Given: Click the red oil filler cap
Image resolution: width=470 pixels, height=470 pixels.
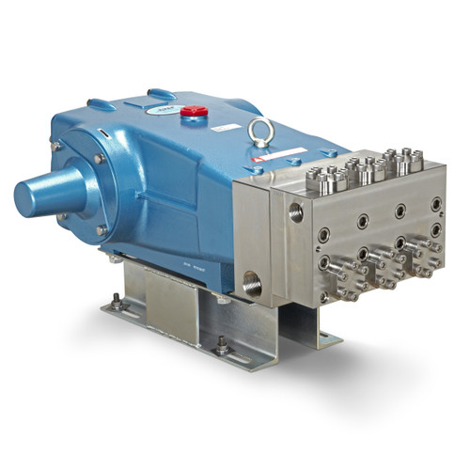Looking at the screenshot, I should pyautogui.click(x=194, y=111).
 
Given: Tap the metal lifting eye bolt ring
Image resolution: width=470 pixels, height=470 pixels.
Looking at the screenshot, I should pyautogui.click(x=259, y=130).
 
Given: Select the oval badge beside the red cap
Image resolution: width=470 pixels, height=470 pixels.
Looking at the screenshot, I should pyautogui.click(x=162, y=109).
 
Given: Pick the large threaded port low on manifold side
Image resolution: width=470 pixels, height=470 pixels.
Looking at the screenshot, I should pyautogui.click(x=253, y=280).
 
